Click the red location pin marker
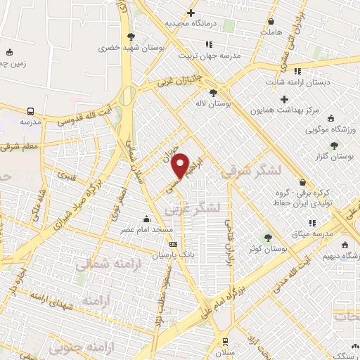[x=181, y=165]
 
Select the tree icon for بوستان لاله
[x=213, y=92]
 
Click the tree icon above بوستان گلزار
[x=334, y=144]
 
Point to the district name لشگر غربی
[x=193, y=208]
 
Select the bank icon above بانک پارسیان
[x=174, y=244]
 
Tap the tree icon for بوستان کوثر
[x=267, y=238]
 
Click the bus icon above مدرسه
[x=30, y=111]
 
